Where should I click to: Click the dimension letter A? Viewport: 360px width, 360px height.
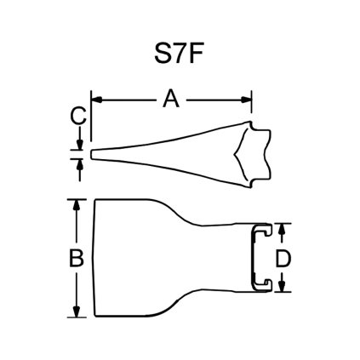(x=171, y=101)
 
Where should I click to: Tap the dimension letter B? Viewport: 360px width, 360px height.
(x=76, y=258)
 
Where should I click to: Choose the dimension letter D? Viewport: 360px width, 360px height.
(x=287, y=258)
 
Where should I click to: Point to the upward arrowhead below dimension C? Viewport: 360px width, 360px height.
(x=79, y=163)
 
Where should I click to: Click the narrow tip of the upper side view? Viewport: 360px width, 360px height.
(x=93, y=155)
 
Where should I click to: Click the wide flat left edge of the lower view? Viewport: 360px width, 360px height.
(x=94, y=258)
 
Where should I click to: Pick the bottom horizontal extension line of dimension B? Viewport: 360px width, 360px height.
(x=81, y=317)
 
